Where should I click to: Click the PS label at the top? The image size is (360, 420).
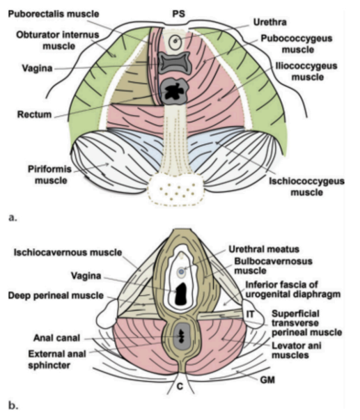179,14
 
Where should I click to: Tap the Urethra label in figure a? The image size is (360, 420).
269,22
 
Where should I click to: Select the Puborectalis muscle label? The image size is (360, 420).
54,14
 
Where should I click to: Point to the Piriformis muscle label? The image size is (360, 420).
50,175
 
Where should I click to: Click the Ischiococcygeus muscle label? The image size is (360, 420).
306,187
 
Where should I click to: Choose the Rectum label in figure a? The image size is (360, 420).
35,114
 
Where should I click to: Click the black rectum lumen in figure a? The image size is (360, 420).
173,91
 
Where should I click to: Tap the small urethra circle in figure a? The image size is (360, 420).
175,41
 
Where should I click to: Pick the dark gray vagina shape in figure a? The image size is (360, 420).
174,63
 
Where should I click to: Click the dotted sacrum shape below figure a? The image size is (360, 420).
175,189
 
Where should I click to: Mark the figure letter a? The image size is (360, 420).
13,217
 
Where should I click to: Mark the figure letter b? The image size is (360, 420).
13,405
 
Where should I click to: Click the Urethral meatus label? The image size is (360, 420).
264,249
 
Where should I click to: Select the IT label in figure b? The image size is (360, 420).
250,314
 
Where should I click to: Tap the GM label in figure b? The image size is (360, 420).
267,380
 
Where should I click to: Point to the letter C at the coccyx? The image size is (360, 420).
180,387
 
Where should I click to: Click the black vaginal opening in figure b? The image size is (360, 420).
182,294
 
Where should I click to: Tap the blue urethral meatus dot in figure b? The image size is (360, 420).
181,272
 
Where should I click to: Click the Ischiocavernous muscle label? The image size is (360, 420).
68,252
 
